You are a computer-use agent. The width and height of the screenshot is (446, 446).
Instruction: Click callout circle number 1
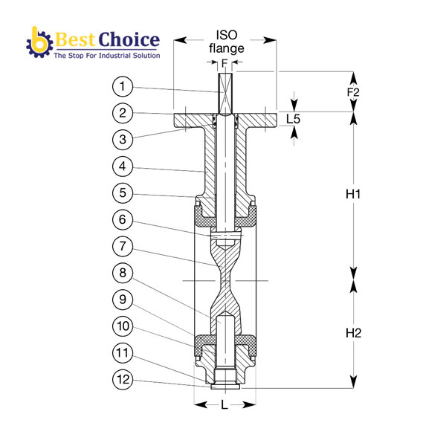pos(123,86)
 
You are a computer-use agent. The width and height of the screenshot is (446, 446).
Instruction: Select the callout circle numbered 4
pos(123,166)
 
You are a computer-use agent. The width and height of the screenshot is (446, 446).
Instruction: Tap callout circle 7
pos(123,246)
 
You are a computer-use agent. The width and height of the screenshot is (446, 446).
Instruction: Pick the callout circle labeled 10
pos(123,326)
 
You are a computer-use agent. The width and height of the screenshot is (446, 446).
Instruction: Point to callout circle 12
pos(123,379)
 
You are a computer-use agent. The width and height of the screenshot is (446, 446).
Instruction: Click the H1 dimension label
pos(353,194)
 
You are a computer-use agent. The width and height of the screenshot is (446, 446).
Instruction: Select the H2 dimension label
pos(353,333)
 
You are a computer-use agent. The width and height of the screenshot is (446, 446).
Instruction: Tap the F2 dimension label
pos(353,92)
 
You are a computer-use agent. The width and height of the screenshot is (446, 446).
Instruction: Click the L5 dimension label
pos(294,119)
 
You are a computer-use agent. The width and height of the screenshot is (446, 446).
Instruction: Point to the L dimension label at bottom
pos(224,404)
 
